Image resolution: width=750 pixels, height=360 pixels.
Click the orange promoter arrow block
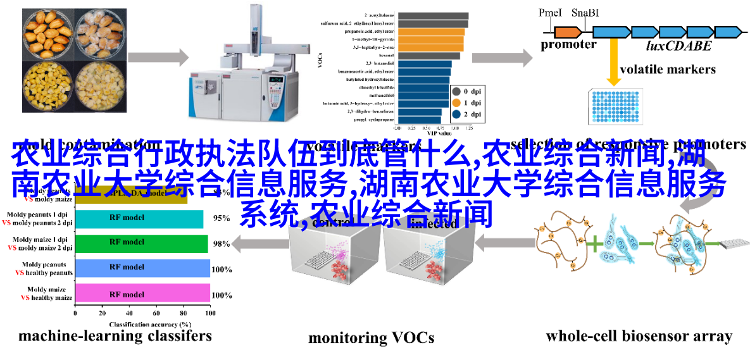pos(568,31)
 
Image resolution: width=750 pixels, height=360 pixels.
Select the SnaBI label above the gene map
pos(585,13)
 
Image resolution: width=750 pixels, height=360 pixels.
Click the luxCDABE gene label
pos(678,46)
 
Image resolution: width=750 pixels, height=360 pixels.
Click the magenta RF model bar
pos(142,294)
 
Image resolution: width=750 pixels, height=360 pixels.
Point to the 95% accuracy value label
pos(221,218)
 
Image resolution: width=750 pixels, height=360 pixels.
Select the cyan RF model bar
pos(139,218)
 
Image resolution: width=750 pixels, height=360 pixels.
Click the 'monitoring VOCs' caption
pos(371,338)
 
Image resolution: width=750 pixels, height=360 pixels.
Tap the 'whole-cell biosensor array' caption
pos(639,336)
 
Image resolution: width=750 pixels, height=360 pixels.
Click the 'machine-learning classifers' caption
pos(115,335)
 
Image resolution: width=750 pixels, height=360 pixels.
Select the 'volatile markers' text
pos(668,69)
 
